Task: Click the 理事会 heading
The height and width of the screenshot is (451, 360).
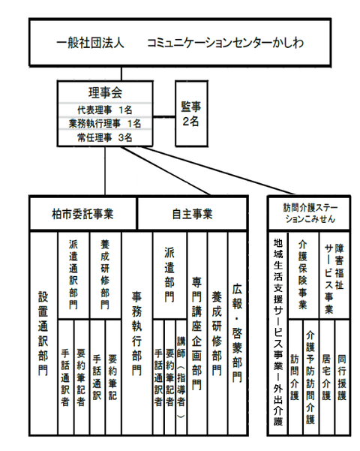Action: pos(105,92)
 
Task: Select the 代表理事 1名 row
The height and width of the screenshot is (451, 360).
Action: pos(105,110)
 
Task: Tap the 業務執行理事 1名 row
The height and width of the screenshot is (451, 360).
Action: pos(105,123)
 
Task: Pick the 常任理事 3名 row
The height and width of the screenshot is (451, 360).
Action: pos(105,137)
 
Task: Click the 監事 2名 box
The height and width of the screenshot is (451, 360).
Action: pos(191,113)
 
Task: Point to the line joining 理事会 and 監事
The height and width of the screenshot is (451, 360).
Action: pos(164,117)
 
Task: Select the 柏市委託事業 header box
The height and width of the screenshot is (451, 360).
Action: pos(82,214)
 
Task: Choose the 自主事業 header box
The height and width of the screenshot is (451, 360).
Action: pos(192,214)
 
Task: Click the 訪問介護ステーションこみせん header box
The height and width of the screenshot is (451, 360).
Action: pos(310,213)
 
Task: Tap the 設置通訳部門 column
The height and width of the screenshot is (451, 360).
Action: pos(43,333)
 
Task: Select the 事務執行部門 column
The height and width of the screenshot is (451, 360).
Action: pos(136,333)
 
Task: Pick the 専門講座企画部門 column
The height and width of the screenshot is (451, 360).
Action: pos(197,333)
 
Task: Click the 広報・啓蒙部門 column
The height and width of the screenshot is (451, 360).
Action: pos(238,333)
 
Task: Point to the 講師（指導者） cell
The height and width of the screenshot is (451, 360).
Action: pos(181,377)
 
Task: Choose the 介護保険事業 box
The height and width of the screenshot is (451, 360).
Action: pos(303,275)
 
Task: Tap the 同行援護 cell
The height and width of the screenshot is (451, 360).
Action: pos(342,377)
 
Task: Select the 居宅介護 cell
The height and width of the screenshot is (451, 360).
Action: pos(327,377)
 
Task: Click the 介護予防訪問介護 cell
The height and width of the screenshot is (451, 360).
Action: pos(310,377)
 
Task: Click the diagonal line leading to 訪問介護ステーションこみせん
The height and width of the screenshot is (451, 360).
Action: pos(218,170)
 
